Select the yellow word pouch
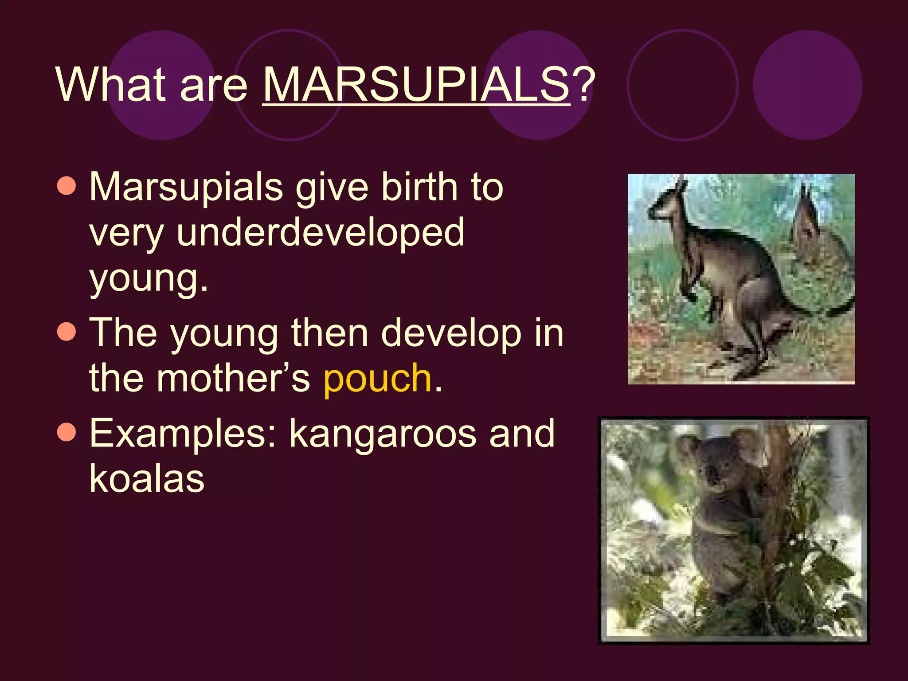tap(377, 378)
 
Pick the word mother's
tap(233, 378)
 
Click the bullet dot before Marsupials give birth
tap(67, 186)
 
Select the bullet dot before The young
tap(67, 332)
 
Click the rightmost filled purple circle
tap(807, 85)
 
